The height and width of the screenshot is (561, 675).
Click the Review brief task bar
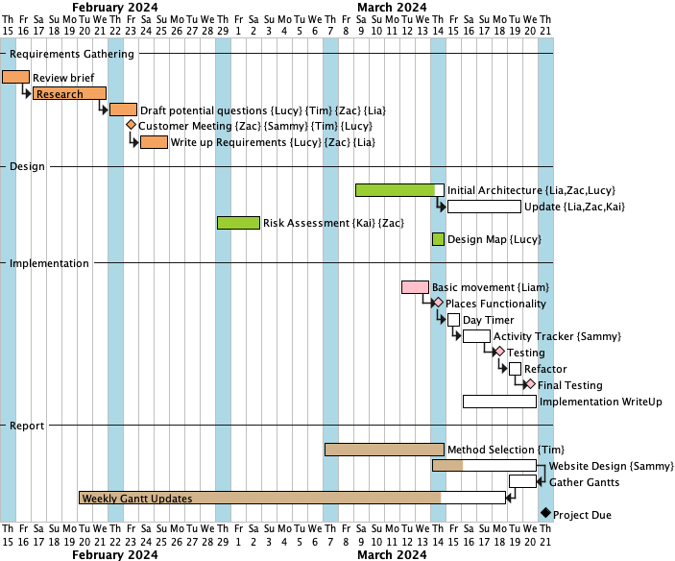pyautogui.click(x=15, y=77)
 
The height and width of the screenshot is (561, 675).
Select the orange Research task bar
pyautogui.click(x=69, y=93)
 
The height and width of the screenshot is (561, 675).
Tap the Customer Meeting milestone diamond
pyautogui.click(x=131, y=125)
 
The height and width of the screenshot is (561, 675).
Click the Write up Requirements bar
pyautogui.click(x=154, y=142)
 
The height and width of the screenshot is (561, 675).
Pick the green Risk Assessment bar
pyautogui.click(x=238, y=223)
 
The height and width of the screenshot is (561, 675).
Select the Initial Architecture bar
pyautogui.click(x=399, y=190)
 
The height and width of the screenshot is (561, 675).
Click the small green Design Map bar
pyautogui.click(x=438, y=239)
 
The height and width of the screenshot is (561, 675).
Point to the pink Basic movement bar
pyautogui.click(x=415, y=287)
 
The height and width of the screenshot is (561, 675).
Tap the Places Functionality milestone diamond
pyautogui.click(x=438, y=303)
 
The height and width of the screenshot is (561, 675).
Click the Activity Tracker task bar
pyautogui.click(x=476, y=336)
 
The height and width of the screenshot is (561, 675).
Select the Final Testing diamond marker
pyautogui.click(x=530, y=384)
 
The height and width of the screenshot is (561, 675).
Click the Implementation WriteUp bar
pyautogui.click(x=499, y=402)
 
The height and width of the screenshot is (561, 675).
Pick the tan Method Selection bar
pyautogui.click(x=384, y=449)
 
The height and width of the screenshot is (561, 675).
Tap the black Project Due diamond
pyautogui.click(x=545, y=514)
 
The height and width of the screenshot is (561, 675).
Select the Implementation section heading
pyautogui.click(x=49, y=263)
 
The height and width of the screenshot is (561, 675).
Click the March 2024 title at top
pyautogui.click(x=392, y=7)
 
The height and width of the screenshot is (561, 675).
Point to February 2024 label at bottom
pyautogui.click(x=115, y=554)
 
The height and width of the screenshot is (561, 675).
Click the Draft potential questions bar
pyautogui.click(x=123, y=110)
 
